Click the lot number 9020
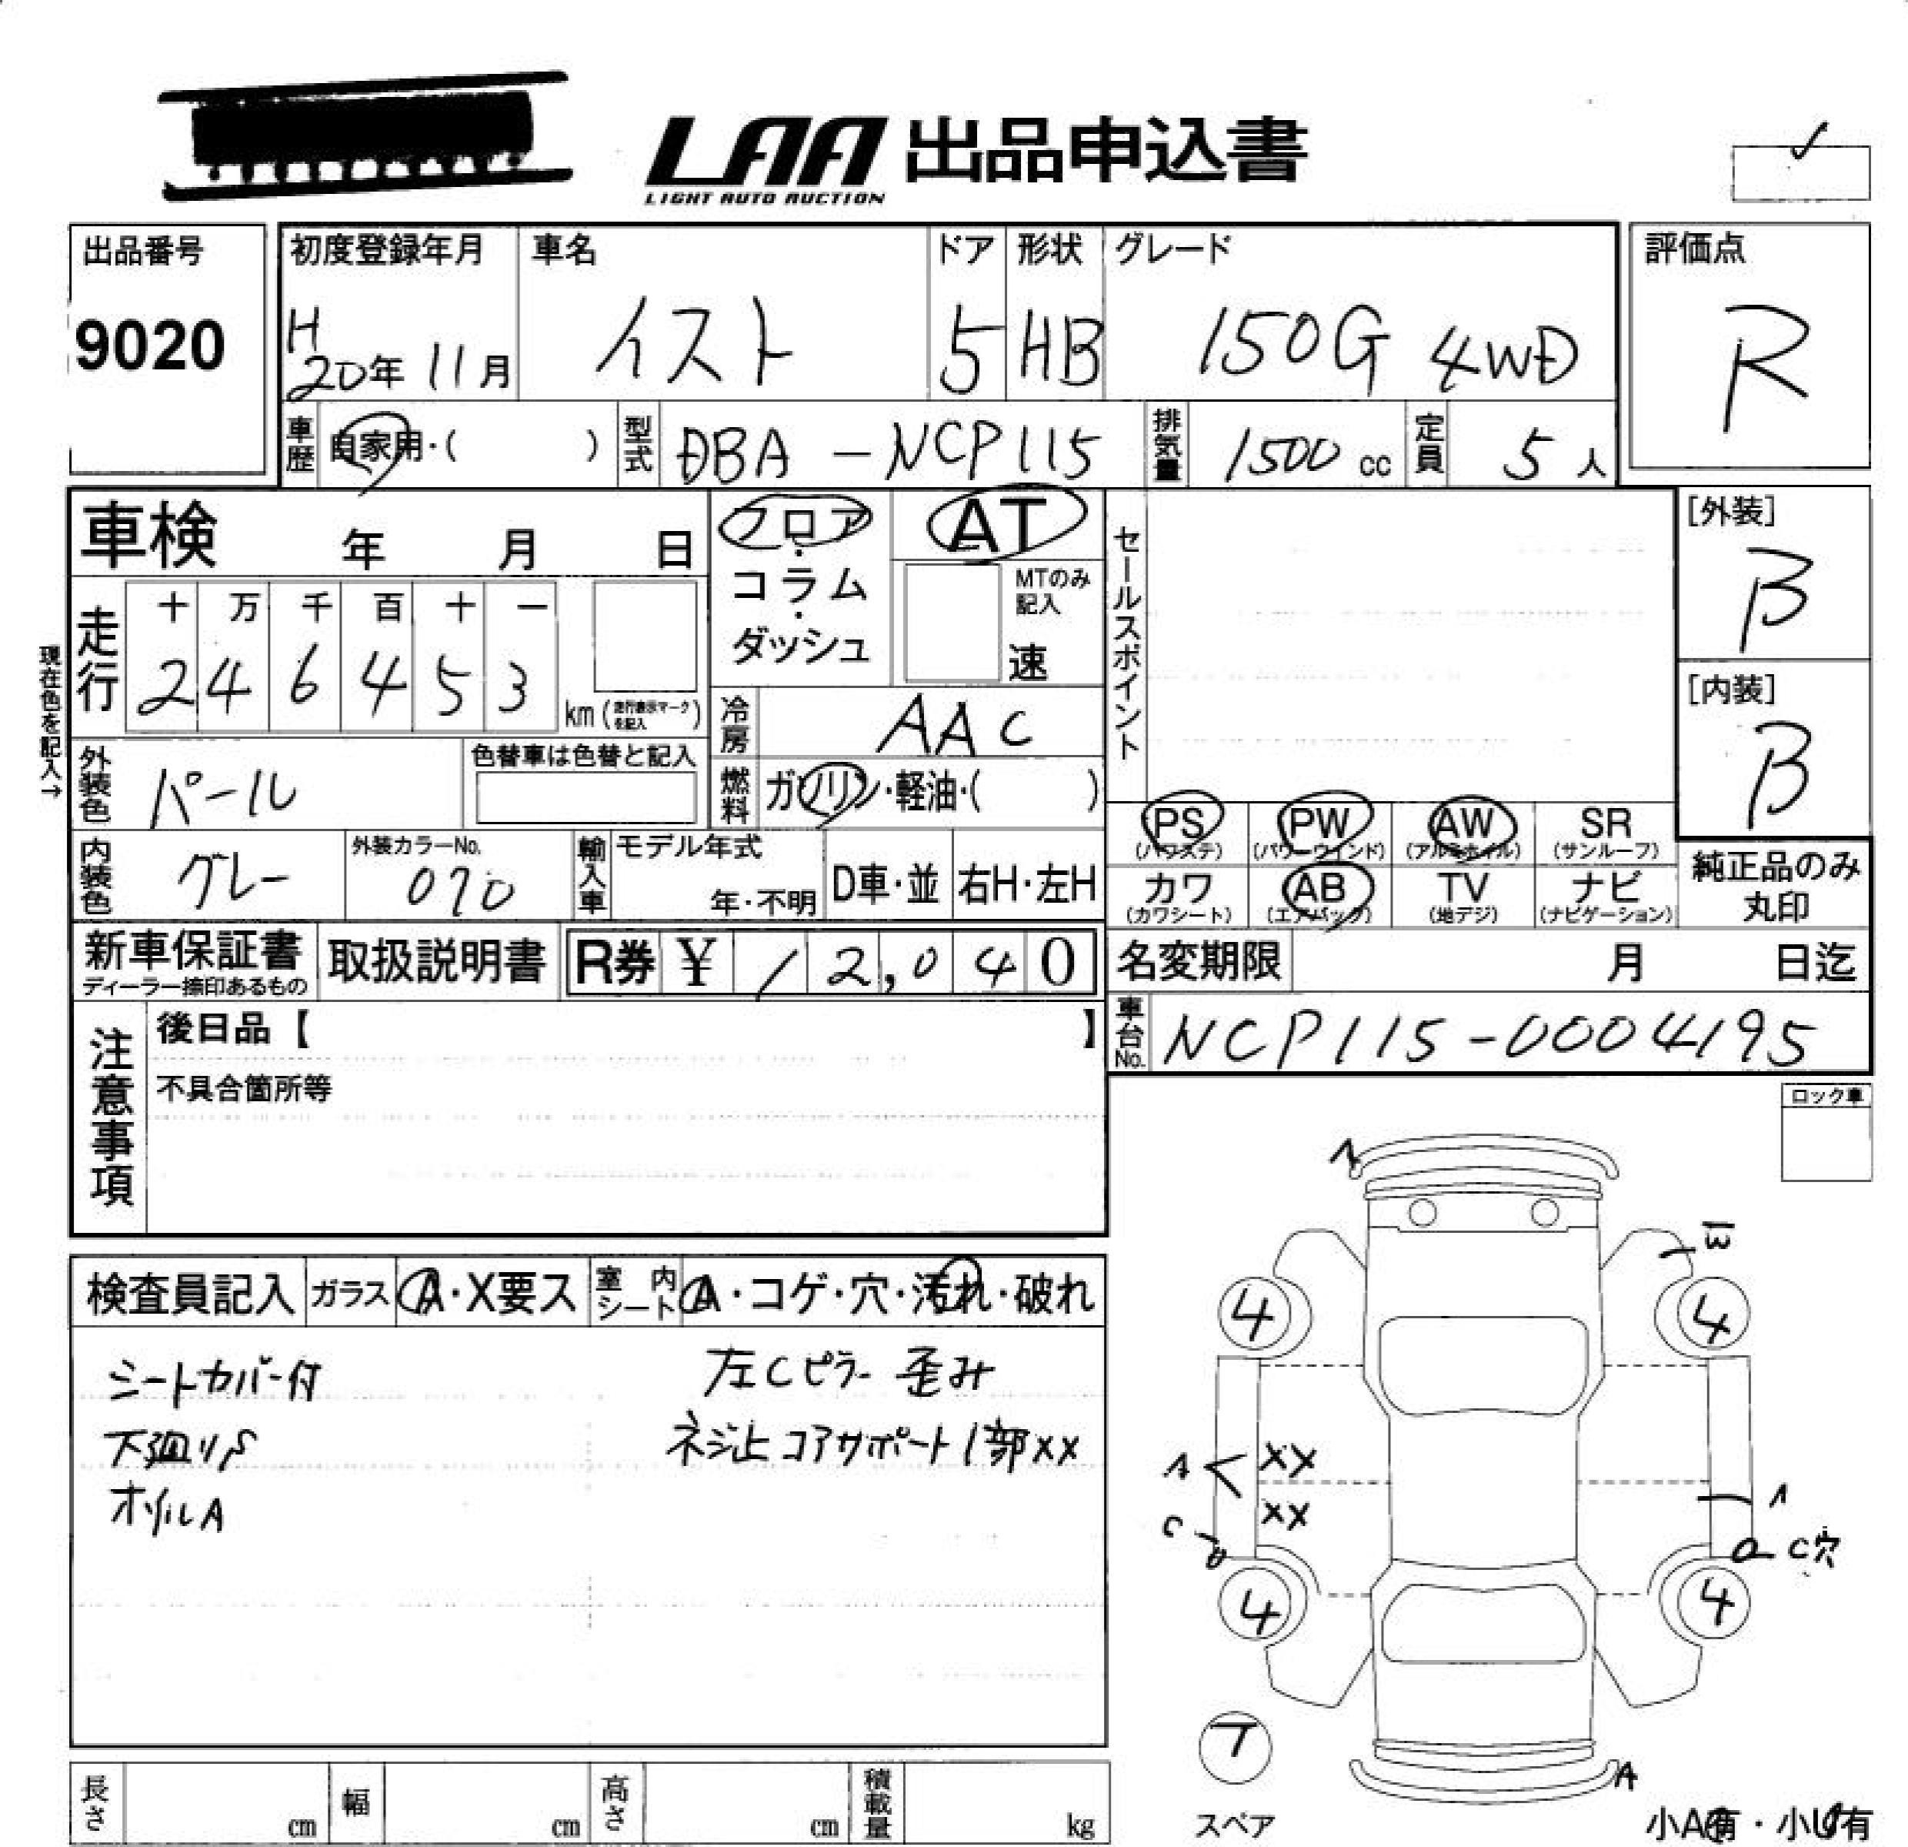point(150,345)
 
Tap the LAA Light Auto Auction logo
point(766,159)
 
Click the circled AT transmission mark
point(1002,526)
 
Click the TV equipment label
point(1463,893)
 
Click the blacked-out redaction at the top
point(365,135)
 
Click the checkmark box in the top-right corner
point(1800,169)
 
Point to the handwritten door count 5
point(962,349)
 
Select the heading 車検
point(148,535)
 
